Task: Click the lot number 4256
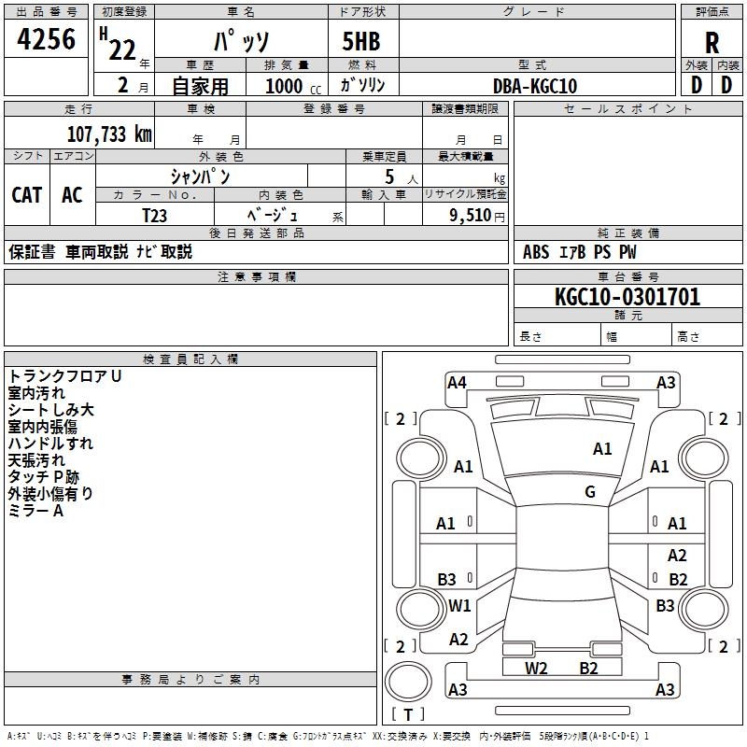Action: pos(47,38)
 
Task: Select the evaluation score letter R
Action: pos(712,43)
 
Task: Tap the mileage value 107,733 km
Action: pos(109,134)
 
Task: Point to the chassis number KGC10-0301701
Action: pos(627,298)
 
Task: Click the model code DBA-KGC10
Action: pos(534,86)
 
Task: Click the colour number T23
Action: pos(155,216)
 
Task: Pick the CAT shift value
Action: pos(26,195)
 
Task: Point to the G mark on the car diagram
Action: pos(590,492)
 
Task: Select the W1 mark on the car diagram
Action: pos(459,606)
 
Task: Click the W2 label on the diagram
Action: pos(536,668)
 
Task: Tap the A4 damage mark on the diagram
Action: pos(457,382)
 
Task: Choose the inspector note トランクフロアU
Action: pos(64,376)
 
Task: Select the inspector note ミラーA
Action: pos(35,511)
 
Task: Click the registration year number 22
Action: pos(122,49)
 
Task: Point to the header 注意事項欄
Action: pos(256,277)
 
